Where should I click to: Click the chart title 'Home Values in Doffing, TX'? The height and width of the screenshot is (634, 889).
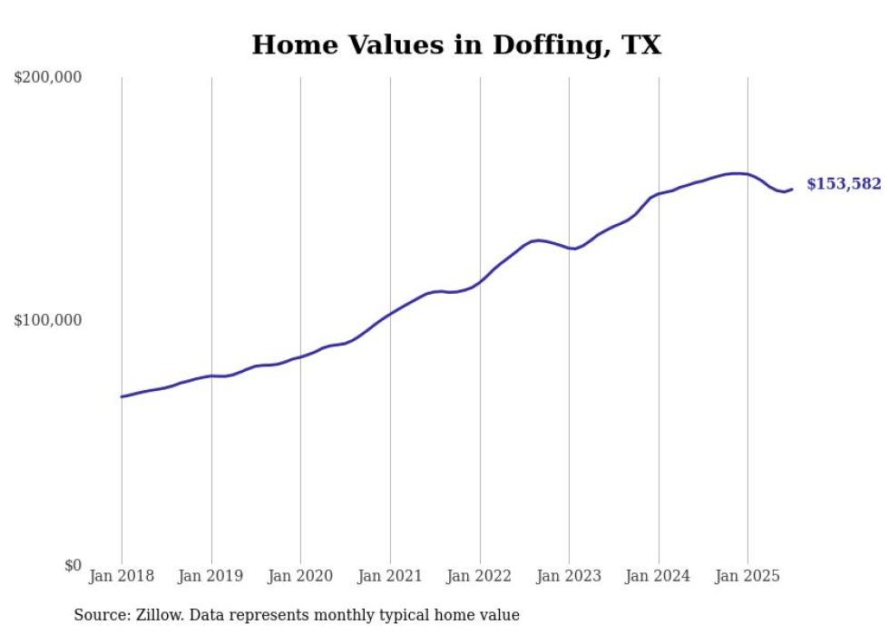tap(456, 44)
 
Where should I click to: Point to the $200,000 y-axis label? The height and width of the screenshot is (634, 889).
tap(48, 78)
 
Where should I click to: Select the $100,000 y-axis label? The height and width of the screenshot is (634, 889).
tap(48, 321)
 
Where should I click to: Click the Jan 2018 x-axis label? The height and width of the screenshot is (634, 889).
tap(122, 576)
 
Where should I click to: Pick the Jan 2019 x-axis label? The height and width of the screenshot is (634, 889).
tap(211, 576)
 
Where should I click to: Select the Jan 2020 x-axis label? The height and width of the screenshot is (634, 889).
tap(300, 576)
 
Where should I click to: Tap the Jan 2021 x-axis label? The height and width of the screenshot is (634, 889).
tap(390, 576)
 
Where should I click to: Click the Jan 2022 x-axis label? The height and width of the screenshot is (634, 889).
tap(479, 576)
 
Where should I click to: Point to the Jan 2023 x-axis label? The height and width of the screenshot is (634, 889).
tap(569, 576)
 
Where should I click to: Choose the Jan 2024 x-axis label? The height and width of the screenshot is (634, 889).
tap(659, 576)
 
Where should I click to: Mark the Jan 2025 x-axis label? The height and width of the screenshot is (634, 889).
tap(747, 576)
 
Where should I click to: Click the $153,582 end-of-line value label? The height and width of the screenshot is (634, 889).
tap(844, 184)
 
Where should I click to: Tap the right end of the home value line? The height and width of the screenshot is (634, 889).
tap(792, 189)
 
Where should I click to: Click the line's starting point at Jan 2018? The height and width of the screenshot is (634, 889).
tap(122, 396)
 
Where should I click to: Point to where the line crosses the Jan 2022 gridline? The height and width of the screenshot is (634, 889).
tap(479, 282)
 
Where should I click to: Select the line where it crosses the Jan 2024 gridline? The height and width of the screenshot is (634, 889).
tap(659, 194)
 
